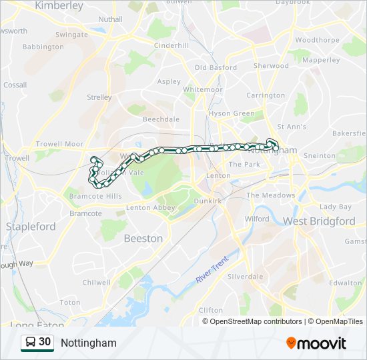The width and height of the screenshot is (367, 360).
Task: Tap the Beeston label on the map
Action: pyautogui.click(x=143, y=238)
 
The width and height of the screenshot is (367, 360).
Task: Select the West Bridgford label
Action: pyautogui.click(x=319, y=221)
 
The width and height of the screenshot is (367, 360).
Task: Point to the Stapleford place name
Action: pyautogui.click(x=31, y=226)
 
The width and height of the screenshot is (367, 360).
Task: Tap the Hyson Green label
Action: pyautogui.click(x=232, y=113)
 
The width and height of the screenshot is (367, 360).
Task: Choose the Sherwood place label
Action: pyautogui.click(x=271, y=66)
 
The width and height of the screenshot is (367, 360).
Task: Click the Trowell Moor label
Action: pyautogui.click(x=59, y=144)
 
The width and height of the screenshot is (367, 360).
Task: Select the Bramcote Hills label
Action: pyautogui.click(x=95, y=196)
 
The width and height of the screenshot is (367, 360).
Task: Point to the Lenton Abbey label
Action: pyautogui.click(x=150, y=208)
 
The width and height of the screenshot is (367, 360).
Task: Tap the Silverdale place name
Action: pyautogui.click(x=245, y=276)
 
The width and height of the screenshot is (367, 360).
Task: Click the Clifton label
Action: pyautogui.click(x=211, y=310)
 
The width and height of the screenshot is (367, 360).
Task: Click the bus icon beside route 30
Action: pyautogui.click(x=30, y=343)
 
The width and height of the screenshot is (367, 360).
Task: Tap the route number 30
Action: pyautogui.click(x=45, y=342)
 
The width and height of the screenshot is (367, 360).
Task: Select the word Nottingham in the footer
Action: pyautogui.click(x=88, y=343)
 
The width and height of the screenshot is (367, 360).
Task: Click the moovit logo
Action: pyautogui.click(x=316, y=343)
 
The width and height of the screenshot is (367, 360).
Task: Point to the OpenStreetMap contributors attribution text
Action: pyautogui.click(x=256, y=321)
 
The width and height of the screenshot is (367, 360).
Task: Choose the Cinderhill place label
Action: pyautogui.click(x=171, y=45)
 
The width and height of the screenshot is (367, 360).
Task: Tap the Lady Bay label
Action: pyautogui.click(x=335, y=207)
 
